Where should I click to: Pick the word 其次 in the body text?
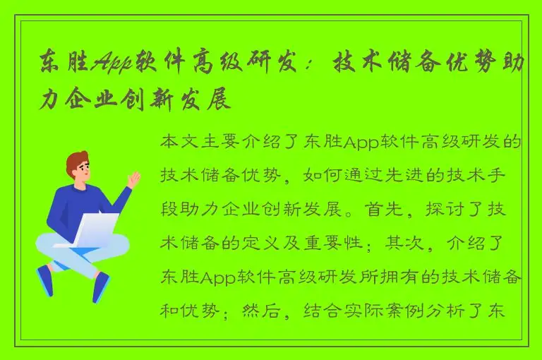coord(399,244)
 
